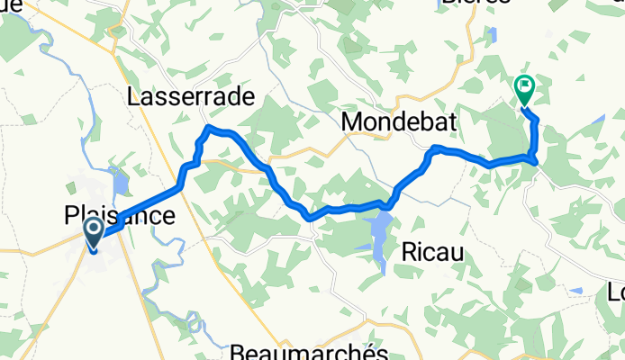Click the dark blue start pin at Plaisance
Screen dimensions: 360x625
(x=94, y=233)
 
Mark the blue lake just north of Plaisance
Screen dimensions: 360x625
(x=120, y=185)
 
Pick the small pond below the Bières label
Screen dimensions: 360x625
(x=492, y=36)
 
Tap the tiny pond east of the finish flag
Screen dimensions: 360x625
(x=599, y=120)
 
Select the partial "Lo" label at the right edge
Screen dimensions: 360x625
(x=616, y=292)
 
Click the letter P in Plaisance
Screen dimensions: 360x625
(x=70, y=216)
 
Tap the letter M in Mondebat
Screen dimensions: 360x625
(x=352, y=121)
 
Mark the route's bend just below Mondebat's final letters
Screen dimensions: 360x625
(x=436, y=147)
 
